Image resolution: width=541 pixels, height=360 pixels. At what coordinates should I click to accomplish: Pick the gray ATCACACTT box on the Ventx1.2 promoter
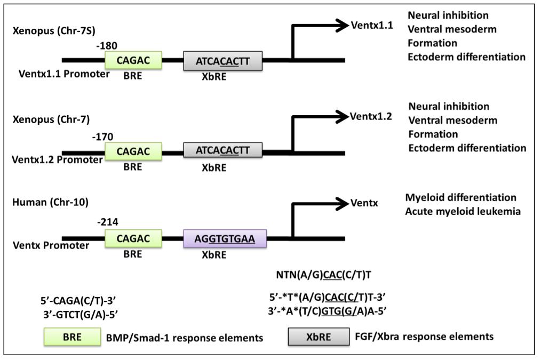coord(222,150)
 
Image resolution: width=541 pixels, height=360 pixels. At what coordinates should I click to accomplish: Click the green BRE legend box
coord(72,337)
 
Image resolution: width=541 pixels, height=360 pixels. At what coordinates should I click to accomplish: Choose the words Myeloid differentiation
coord(460,198)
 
